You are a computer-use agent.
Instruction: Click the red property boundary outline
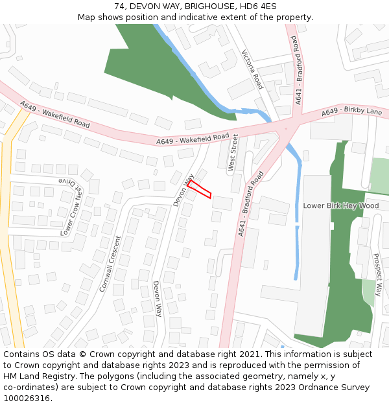(200, 189)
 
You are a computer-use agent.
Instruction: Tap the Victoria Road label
(252, 69)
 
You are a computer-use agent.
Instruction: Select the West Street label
(233, 153)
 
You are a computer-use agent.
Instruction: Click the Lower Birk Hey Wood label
(341, 205)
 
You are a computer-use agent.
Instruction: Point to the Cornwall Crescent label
(111, 263)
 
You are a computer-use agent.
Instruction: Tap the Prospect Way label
(378, 272)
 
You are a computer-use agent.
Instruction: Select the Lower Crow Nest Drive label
(73, 207)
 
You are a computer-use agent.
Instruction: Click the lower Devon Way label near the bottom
(157, 298)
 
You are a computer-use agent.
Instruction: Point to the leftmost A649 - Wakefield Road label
(55, 114)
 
